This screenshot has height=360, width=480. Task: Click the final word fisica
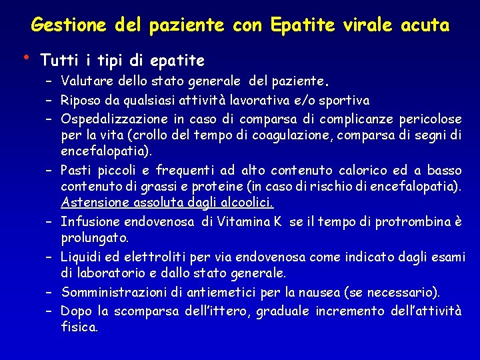(x=79, y=327)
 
